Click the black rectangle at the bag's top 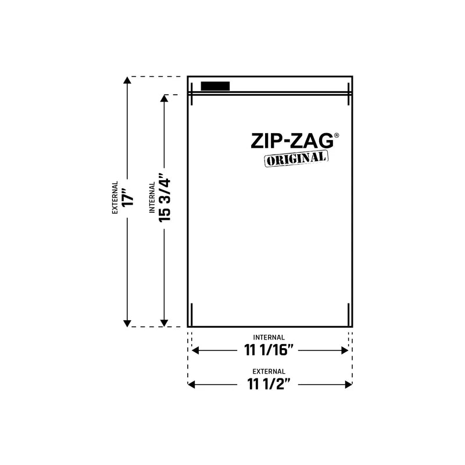click(215, 86)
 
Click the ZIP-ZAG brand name click(292, 141)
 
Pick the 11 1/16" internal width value click(269, 350)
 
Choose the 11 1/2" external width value click(269, 384)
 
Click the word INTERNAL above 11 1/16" click(269, 337)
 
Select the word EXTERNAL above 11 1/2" click(269, 371)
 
